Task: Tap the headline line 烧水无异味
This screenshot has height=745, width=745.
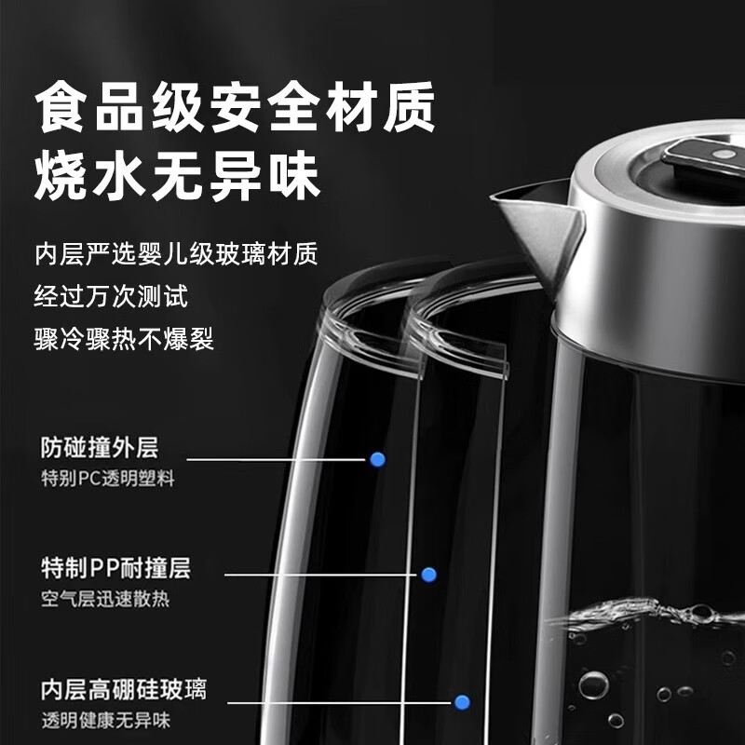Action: click(177, 174)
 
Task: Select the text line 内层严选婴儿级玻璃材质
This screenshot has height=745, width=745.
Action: click(182, 253)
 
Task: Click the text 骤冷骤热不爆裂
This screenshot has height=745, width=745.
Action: click(124, 338)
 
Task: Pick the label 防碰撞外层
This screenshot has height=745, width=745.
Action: click(100, 448)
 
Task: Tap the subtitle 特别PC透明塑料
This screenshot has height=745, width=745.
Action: click(107, 479)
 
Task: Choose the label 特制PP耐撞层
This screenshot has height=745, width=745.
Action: click(115, 567)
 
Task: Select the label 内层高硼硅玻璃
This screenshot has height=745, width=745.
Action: click(123, 690)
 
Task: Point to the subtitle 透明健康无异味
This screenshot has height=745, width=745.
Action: click(105, 721)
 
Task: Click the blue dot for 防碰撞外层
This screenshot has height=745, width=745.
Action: click(377, 459)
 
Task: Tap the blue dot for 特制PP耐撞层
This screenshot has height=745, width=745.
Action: click(428, 575)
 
